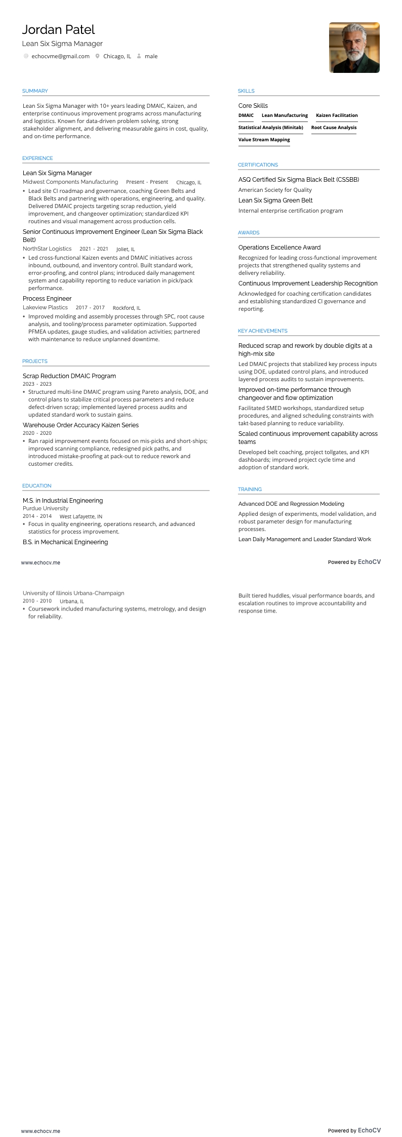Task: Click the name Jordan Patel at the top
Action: point(58,30)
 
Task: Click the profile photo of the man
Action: point(354,48)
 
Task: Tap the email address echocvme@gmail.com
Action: point(60,56)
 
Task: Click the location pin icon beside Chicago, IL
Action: point(97,56)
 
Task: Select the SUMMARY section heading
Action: point(35,91)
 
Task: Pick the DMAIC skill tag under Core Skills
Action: point(246,115)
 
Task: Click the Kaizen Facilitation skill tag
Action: point(337,115)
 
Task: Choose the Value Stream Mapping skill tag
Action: point(264,140)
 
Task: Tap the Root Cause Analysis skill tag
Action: point(334,128)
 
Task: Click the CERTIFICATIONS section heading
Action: point(258,165)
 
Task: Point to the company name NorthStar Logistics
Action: point(47,249)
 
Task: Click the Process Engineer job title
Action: point(47,299)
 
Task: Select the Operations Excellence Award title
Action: point(279,248)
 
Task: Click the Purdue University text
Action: point(46,508)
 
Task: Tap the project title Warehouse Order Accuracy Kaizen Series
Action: point(81,425)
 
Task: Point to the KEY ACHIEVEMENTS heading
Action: point(262,331)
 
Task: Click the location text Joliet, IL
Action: point(126,249)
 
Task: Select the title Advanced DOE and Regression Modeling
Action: point(291,504)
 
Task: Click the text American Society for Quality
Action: point(275,190)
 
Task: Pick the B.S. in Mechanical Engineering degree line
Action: point(65,542)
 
